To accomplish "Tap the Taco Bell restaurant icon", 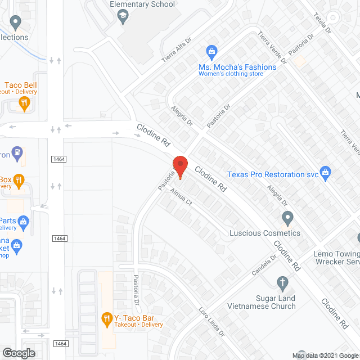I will (24, 102).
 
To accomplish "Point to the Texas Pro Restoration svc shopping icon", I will (325, 172).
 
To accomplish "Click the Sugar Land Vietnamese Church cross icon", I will (283, 282).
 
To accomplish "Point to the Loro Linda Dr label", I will (211, 322).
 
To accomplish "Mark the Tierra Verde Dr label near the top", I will (272, 48).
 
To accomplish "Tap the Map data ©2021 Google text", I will (325, 355).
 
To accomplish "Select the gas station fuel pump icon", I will (19, 152).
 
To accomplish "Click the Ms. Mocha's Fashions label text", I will (237, 67).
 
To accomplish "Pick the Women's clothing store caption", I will (231, 74).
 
